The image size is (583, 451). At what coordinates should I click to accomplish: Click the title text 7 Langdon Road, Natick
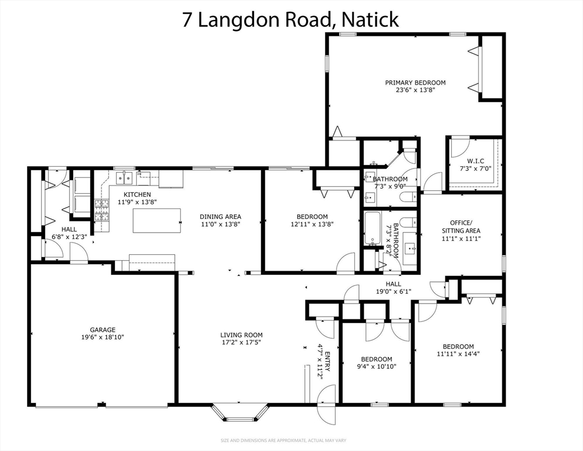291,19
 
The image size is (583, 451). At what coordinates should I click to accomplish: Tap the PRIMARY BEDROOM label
415,83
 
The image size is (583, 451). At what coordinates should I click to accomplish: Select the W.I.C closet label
475,161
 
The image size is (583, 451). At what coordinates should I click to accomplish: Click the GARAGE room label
103,330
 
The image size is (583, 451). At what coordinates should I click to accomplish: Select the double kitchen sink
124,177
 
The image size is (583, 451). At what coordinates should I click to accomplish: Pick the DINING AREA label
220,217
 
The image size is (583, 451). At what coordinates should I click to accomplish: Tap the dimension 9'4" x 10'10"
376,366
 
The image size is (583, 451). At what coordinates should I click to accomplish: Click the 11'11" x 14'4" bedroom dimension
457,354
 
